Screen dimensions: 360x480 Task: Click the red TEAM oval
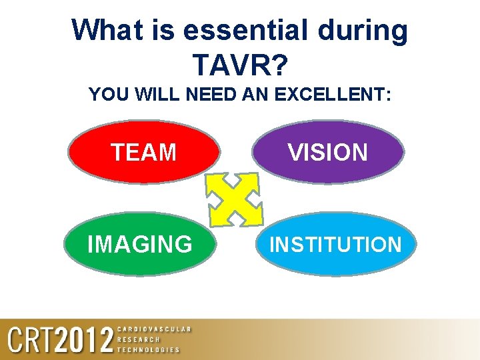pos(144,152)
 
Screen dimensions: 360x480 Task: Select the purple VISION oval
pos(328,152)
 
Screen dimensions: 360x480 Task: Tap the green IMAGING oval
pos(140,244)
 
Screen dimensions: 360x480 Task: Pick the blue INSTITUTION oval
pos(335,244)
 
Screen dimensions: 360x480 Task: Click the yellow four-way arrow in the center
pos(234,199)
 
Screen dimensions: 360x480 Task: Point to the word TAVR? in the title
pos(240,65)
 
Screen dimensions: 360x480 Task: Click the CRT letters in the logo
pos(30,340)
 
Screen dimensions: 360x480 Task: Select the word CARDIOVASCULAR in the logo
pos(154,329)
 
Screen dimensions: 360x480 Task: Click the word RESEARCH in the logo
pos(139,339)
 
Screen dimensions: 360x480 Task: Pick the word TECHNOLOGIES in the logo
pos(148,349)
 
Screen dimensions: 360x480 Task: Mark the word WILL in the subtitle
pos(157,95)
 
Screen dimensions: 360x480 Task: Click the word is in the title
pos(169,30)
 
